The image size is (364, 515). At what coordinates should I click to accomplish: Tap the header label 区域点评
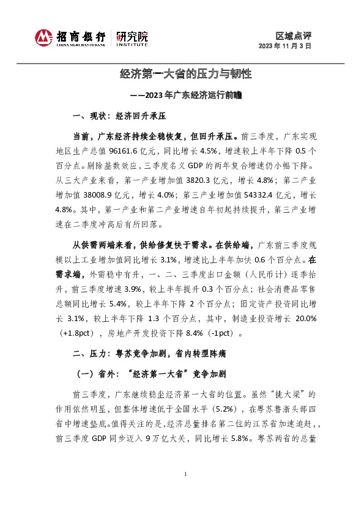click(x=294, y=35)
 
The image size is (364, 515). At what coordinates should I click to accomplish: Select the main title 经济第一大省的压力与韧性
click(x=185, y=75)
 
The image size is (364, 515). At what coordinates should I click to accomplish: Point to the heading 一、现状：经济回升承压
click(x=120, y=116)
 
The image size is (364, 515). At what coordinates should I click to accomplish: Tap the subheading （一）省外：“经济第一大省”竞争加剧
click(x=150, y=374)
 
